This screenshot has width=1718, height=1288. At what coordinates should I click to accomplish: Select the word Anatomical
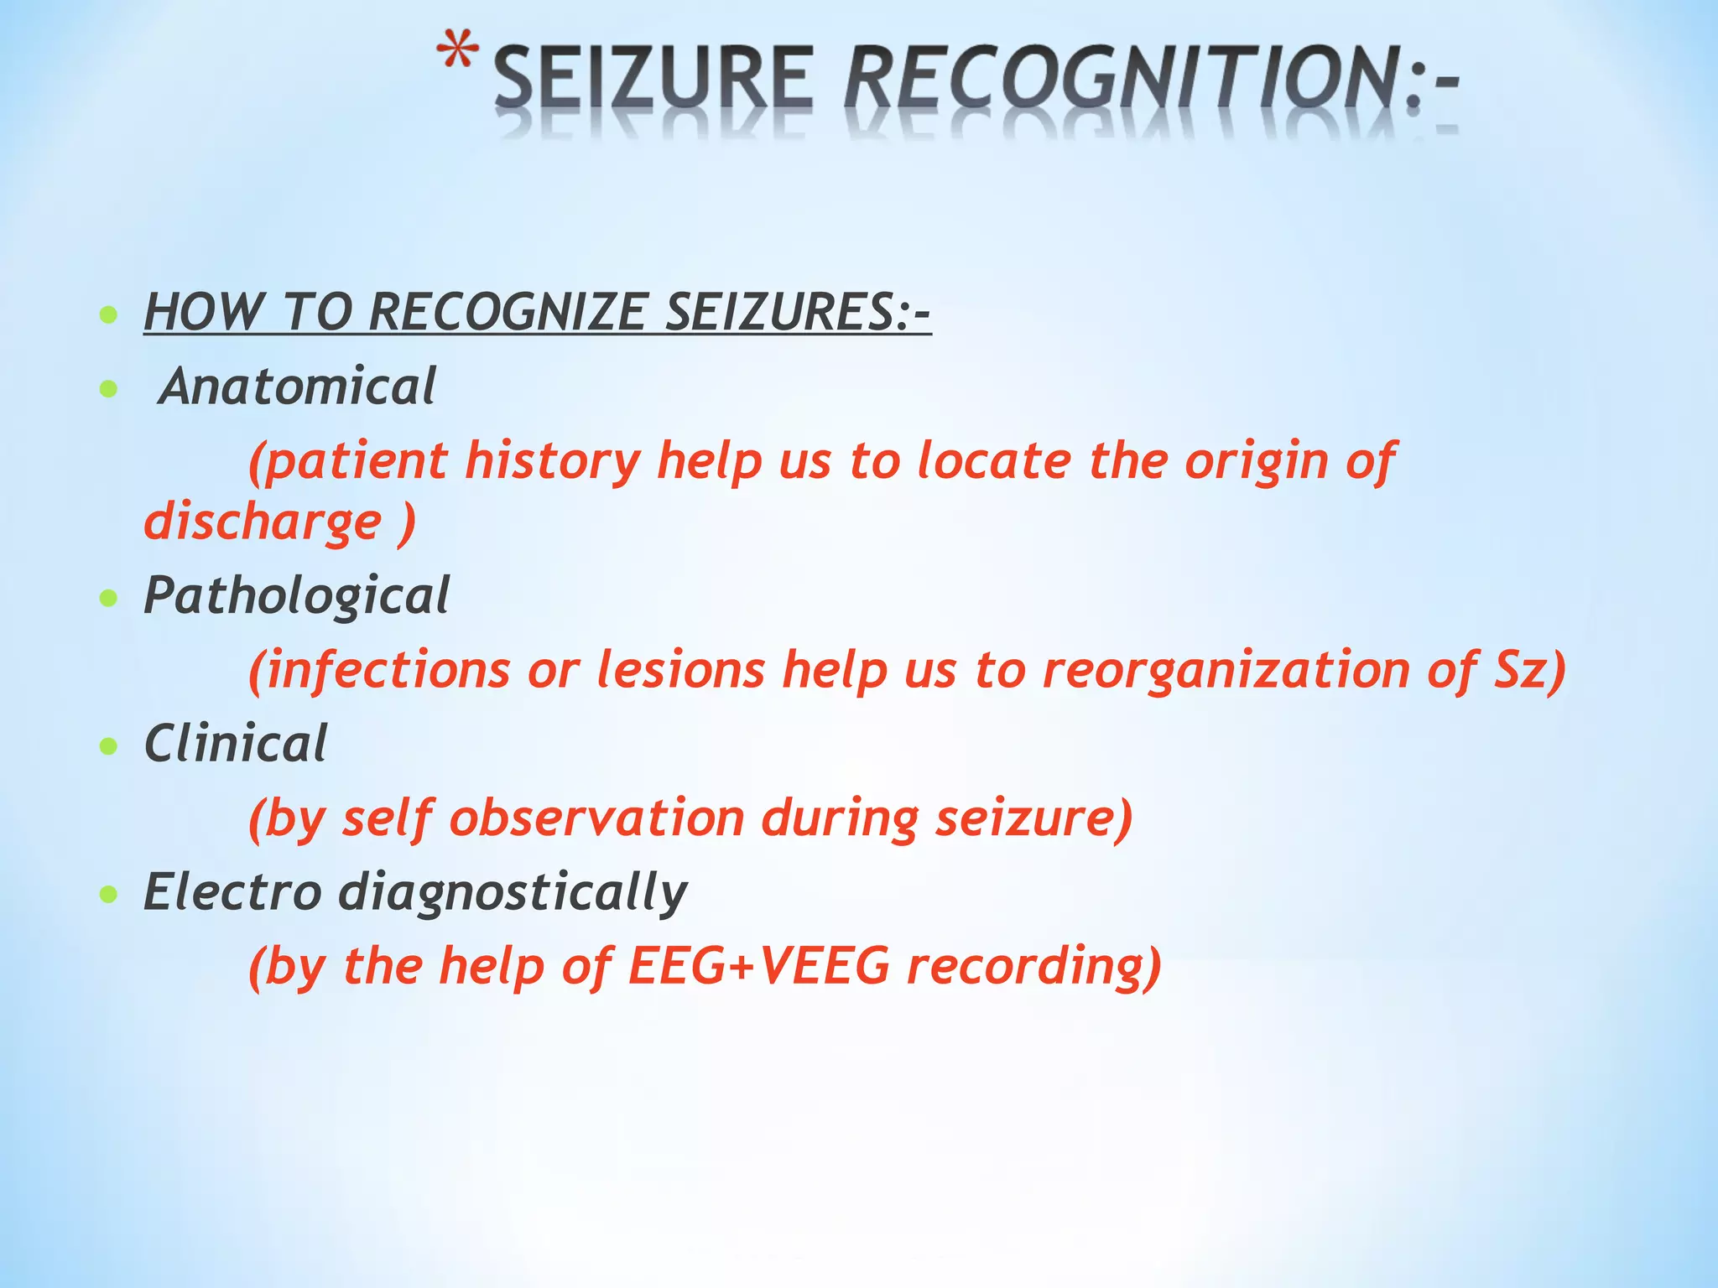coord(299,387)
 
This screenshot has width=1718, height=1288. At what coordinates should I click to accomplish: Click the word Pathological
coord(296,596)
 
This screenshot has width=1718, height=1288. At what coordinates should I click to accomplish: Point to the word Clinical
coord(235,744)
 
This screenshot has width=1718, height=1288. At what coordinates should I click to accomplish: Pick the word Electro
coord(232,891)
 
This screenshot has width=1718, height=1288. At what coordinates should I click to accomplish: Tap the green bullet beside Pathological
coord(108,599)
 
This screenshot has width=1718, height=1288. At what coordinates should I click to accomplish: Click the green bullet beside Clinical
coord(108,746)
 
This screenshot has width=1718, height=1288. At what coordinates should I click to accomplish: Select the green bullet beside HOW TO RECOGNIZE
coord(108,316)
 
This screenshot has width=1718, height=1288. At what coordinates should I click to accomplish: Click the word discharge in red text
coord(263,522)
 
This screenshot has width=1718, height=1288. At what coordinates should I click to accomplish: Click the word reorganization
coord(1225,671)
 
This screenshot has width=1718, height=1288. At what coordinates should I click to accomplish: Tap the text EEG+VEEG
coord(758,966)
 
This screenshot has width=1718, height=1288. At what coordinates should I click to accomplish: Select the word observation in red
coord(596,818)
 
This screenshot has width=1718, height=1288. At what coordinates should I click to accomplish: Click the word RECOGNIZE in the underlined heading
coord(507,312)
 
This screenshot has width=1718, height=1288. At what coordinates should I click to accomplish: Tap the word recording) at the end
coord(1034,966)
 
